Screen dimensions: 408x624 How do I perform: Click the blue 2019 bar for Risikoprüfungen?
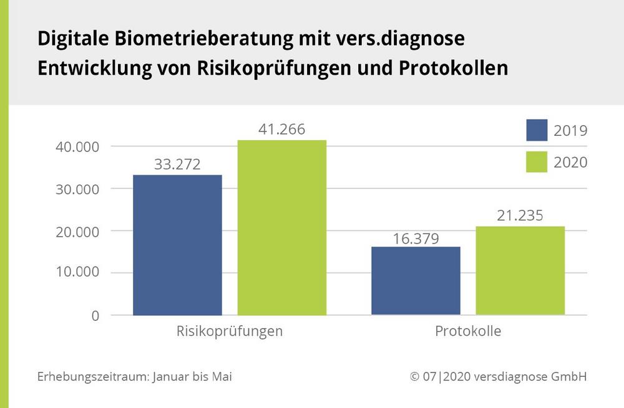point(177,245)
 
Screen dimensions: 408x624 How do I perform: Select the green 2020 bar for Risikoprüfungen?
point(281,227)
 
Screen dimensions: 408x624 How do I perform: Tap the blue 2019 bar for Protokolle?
point(416,280)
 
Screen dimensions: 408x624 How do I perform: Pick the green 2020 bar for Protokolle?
point(520,270)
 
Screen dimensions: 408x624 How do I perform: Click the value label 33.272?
point(178,165)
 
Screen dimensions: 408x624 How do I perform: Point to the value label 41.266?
point(282,130)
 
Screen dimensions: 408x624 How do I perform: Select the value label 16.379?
point(416,238)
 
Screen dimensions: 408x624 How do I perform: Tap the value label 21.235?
point(520,216)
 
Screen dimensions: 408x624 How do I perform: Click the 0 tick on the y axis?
point(95,315)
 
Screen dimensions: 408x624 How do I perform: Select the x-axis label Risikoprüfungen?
point(230,331)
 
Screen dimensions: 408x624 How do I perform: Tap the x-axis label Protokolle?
point(468,331)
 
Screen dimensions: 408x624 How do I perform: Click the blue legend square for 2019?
point(537,130)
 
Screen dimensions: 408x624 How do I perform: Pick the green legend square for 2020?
point(537,162)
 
